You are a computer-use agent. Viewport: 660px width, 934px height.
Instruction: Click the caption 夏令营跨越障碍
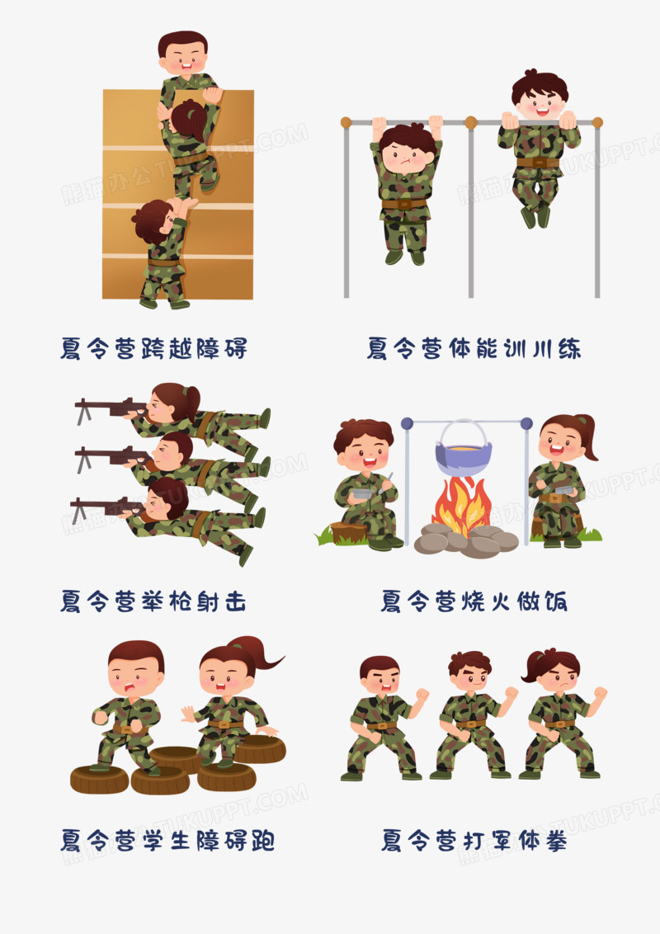click(x=153, y=348)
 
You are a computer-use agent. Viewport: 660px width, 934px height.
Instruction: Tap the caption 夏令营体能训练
click(x=474, y=348)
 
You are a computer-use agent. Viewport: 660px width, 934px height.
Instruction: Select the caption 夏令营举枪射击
click(x=153, y=601)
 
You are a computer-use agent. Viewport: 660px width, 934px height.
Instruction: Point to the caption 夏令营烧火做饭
click(x=474, y=601)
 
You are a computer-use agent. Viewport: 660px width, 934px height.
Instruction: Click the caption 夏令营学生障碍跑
click(x=167, y=841)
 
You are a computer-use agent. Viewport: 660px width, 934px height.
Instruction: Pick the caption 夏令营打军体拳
click(x=474, y=841)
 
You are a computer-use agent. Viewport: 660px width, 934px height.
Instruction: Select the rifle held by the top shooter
click(x=111, y=408)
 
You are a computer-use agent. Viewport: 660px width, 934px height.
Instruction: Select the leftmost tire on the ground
click(x=100, y=779)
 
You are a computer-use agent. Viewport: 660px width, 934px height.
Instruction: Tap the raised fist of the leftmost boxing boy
click(x=422, y=695)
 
